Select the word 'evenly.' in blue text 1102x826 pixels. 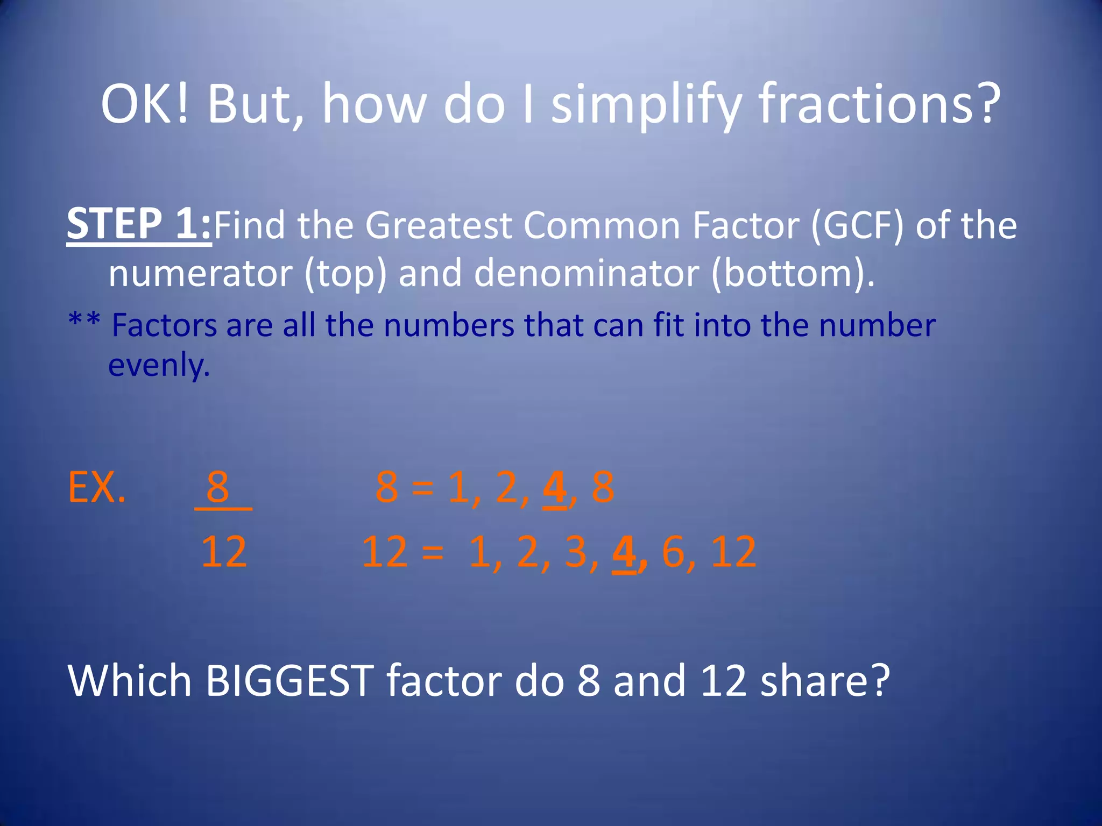[x=159, y=365]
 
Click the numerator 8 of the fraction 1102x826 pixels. [x=218, y=487]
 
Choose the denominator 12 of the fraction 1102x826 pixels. [x=224, y=552]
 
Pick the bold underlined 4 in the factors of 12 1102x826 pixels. [x=624, y=552]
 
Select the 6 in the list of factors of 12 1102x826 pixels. [x=673, y=552]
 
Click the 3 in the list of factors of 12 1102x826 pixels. [x=576, y=552]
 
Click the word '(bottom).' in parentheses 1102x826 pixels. [x=793, y=273]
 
